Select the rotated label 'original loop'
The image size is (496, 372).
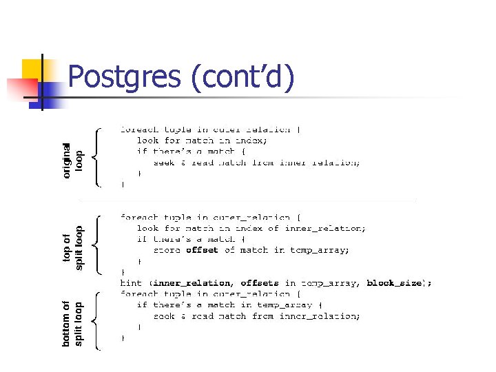tap(72, 161)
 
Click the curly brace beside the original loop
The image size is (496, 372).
tap(98, 156)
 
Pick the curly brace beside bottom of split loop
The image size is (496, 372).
tap(98, 321)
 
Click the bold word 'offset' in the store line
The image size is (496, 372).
tap(202, 250)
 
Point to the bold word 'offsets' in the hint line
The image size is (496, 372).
tap(260, 283)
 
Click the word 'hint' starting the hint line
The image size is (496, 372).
tap(132, 283)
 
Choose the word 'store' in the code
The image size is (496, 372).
tap(167, 250)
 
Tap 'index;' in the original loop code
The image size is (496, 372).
tap(252, 140)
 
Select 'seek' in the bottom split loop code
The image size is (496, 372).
tap(164, 316)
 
